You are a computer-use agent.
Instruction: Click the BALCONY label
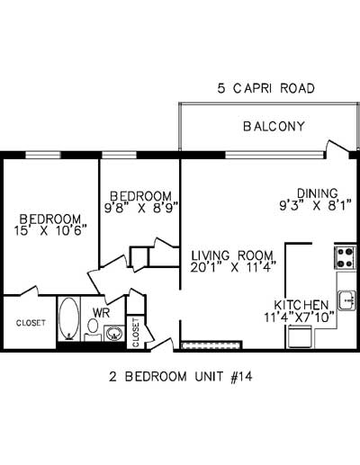click(274, 126)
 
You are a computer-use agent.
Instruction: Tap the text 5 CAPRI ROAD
click(265, 89)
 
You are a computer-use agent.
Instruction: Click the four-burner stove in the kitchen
click(345, 258)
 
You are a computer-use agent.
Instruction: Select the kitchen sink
click(346, 297)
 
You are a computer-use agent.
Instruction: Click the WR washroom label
click(101, 312)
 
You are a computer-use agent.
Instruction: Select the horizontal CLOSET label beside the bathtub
click(30, 323)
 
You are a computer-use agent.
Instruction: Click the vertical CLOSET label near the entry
click(136, 332)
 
